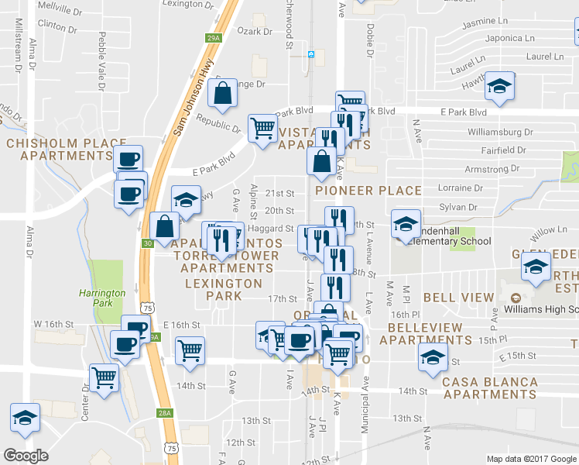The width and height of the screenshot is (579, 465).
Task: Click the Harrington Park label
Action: (101, 298)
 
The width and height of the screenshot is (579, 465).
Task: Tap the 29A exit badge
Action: (214, 37)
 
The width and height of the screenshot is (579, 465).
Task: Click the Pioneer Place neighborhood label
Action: (368, 191)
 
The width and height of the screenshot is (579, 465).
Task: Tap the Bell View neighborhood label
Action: (458, 298)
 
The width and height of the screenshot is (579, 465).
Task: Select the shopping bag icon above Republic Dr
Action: (223, 93)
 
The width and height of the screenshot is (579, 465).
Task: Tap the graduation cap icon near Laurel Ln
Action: (500, 88)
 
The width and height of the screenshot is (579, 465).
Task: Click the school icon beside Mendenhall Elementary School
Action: (405, 224)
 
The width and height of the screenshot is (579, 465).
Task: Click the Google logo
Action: (26, 456)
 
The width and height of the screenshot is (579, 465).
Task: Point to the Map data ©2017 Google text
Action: (530, 459)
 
